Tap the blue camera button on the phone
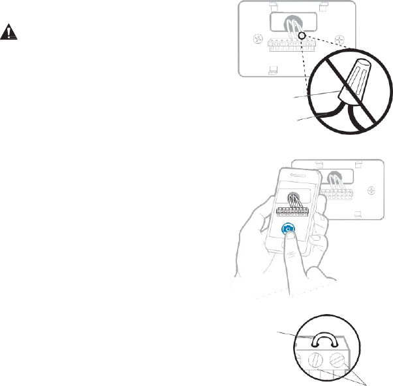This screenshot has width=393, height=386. point(289,229)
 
